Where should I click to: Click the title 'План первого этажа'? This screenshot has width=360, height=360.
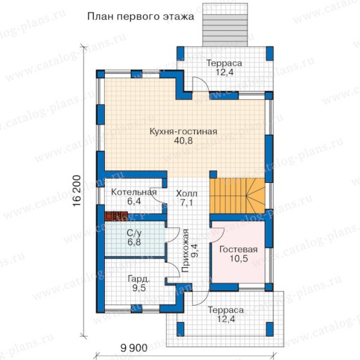pos(141,17)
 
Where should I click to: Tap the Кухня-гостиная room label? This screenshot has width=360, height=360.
pos(184,131)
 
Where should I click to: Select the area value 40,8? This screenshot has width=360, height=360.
pos(184,141)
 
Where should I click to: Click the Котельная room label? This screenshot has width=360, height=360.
pos(134,192)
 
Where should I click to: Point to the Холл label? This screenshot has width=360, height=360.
pos(186,193)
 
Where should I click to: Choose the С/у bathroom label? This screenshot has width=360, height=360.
pos(134,233)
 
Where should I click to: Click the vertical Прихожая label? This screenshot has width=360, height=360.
pos(185,250)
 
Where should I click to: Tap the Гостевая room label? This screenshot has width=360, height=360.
pos(238,250)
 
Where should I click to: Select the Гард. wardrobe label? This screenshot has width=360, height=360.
pos(139,279)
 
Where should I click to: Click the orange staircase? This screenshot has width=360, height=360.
pos(237,196)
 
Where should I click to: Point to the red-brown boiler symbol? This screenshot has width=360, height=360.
pos(116,216)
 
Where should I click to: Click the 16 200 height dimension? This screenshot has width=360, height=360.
pos(77,191)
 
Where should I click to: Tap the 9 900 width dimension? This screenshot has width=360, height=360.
pos(134,348)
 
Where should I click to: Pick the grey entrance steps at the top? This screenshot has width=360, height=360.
pos(225,30)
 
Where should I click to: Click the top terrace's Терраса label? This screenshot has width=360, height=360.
pos(224,63)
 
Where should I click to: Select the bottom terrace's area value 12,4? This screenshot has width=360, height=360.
pos(226,319)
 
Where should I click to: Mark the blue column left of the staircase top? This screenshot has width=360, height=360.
pos(213,174)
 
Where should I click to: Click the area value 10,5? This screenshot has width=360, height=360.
pos(238,259)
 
